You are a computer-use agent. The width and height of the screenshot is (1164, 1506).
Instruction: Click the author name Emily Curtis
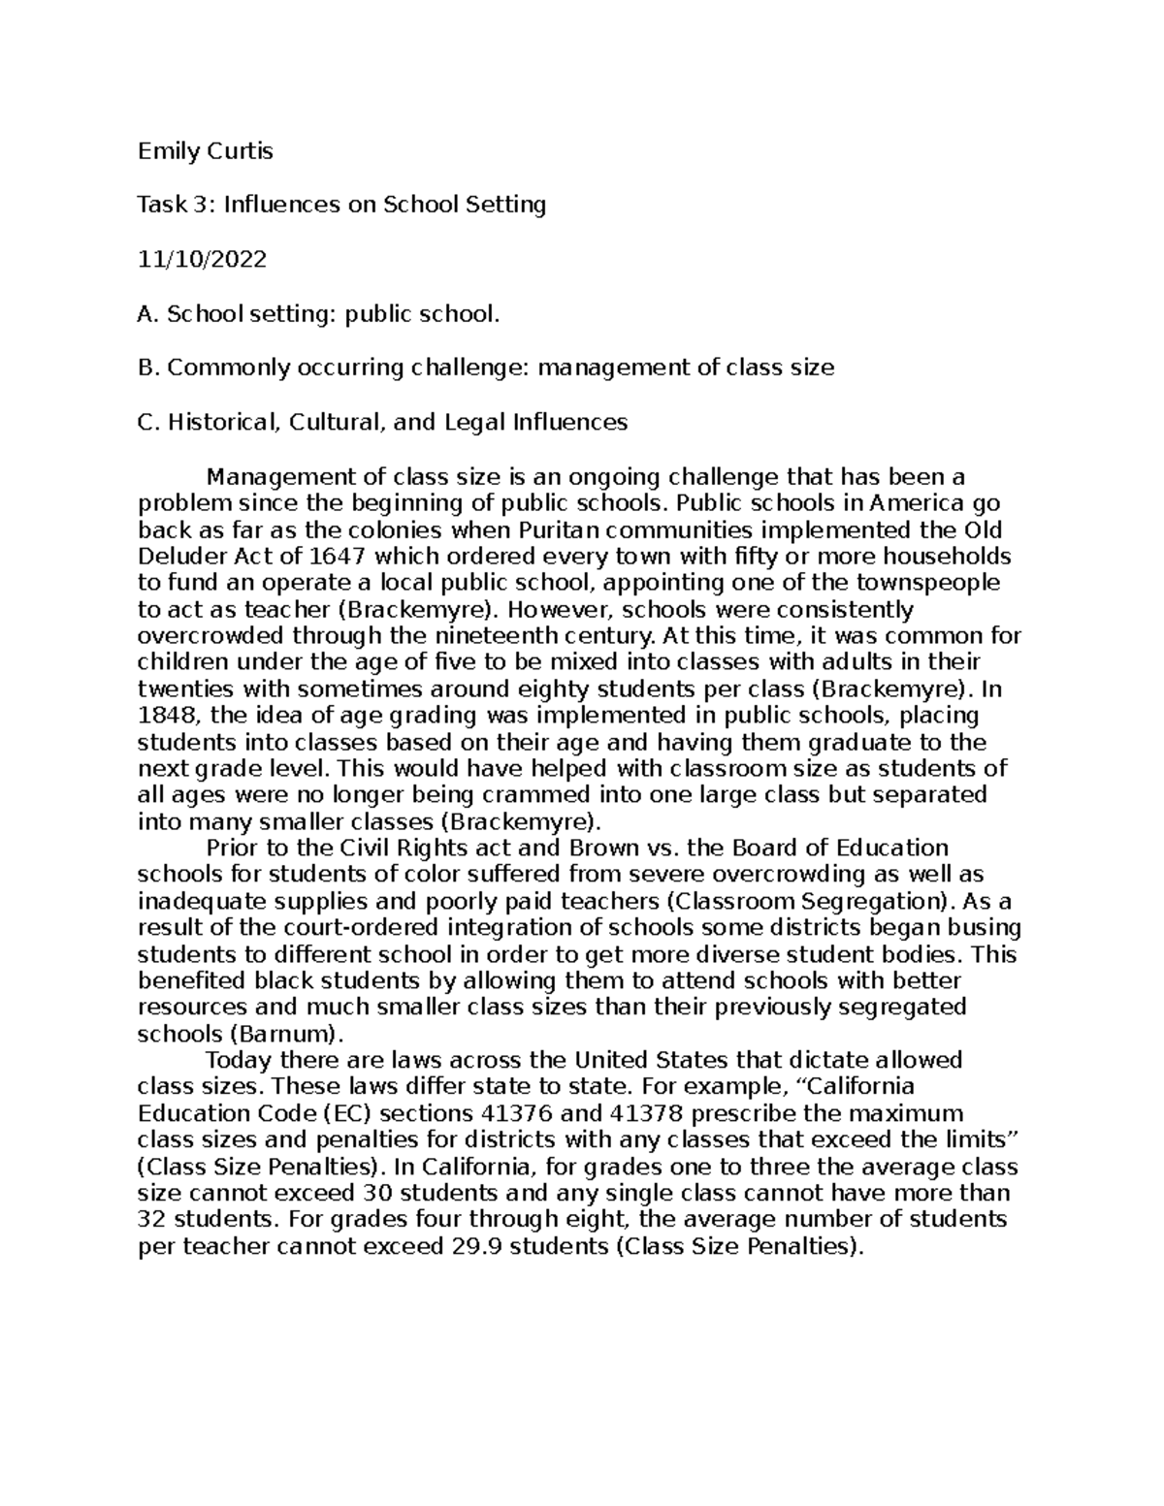(x=205, y=151)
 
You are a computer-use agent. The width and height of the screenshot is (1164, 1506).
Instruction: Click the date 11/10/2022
(x=202, y=260)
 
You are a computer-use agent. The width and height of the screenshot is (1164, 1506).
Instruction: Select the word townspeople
(x=928, y=583)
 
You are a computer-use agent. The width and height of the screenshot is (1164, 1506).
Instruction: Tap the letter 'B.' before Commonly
(x=148, y=368)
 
